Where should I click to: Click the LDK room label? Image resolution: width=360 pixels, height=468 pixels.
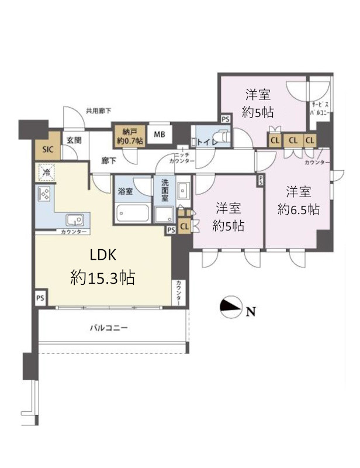click(x=103, y=256)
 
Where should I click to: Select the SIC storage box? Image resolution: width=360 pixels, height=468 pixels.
click(x=47, y=149)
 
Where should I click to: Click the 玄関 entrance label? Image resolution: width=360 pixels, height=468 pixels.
click(x=73, y=140)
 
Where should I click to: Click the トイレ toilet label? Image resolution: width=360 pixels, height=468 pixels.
click(x=207, y=142)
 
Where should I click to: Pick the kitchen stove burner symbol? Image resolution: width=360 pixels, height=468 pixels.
click(x=44, y=193)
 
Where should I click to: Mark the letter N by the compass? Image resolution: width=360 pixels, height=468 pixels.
click(x=250, y=312)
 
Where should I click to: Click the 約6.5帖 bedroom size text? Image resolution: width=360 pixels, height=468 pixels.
click(x=298, y=209)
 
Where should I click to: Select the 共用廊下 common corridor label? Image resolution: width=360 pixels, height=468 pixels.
click(x=98, y=110)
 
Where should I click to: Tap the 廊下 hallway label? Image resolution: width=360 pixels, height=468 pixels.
click(x=108, y=160)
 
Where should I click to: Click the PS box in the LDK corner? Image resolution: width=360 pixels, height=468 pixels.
click(x=40, y=298)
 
